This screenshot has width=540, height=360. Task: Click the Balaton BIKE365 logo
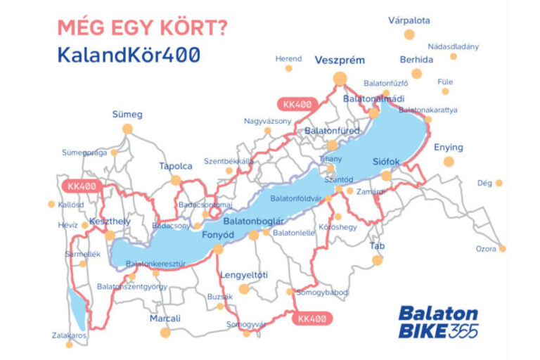437,322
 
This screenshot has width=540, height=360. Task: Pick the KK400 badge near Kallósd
82,186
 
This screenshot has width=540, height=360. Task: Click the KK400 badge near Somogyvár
311,319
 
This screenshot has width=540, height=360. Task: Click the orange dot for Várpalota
409,41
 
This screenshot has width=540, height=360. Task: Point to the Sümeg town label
127,114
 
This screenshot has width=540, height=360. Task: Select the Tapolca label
175,166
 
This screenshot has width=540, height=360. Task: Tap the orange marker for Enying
449,162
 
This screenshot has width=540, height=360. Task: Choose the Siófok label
386,162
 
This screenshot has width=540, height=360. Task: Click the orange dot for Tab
378,260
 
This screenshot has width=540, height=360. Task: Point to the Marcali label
165,319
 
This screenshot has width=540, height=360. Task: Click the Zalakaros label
68,335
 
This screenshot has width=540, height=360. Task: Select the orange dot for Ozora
503,249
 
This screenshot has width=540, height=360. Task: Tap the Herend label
288,58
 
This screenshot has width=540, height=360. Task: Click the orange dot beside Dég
499,184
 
